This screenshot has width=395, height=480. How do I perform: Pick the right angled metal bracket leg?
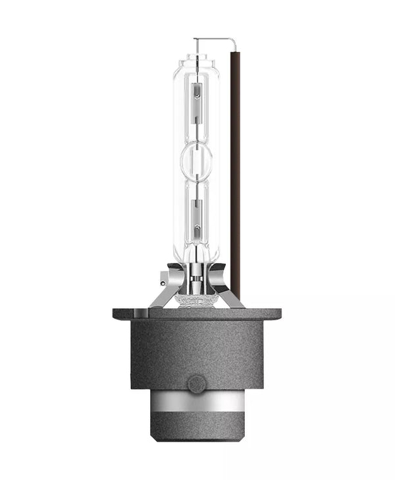232,294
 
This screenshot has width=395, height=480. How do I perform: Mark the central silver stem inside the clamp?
197,280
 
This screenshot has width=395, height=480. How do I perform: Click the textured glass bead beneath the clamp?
197,300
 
